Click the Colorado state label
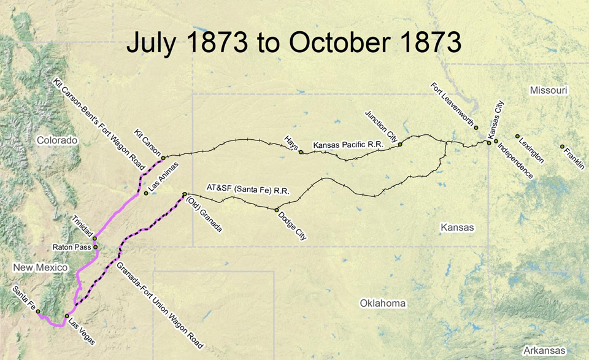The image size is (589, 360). [57, 140]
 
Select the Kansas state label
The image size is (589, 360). [458, 228]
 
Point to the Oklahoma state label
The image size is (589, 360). [383, 304]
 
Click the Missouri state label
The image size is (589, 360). [549, 91]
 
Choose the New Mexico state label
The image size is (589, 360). [39, 268]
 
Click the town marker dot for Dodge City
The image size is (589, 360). [277, 210]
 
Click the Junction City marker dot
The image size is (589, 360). [399, 145]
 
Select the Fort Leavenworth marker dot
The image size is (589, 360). [476, 128]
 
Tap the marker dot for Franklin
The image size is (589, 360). [562, 147]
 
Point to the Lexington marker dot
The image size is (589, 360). [517, 136]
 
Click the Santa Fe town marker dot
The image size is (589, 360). [38, 312]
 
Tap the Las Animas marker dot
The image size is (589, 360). [146, 193]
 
